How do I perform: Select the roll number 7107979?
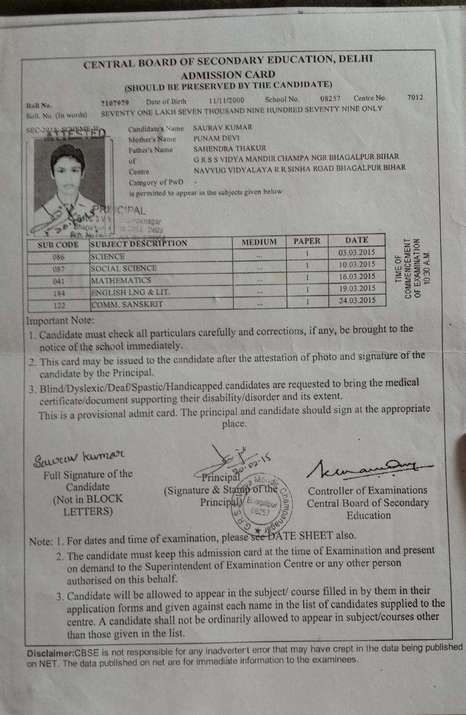tap(116, 102)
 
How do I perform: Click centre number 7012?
tap(415, 97)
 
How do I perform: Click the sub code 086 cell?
tap(58, 258)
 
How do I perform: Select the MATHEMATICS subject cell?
tap(121, 279)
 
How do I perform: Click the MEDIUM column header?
tap(259, 242)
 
